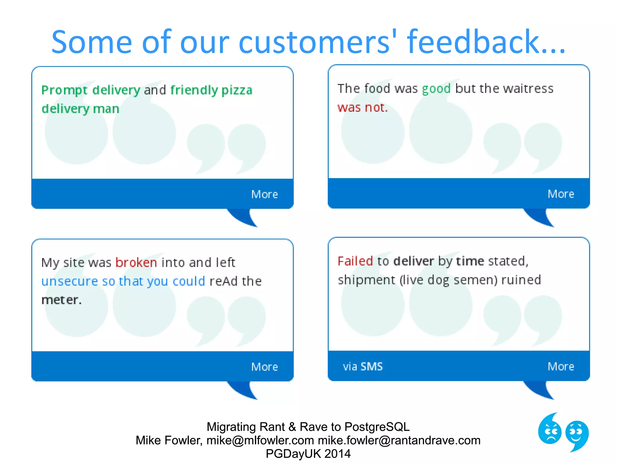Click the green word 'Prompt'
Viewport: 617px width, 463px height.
(64, 90)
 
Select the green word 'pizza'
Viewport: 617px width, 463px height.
(237, 90)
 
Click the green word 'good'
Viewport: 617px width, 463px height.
(436, 89)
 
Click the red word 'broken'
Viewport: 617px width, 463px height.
(136, 263)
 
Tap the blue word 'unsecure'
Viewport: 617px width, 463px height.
(70, 281)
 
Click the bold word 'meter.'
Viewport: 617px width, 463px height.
(61, 300)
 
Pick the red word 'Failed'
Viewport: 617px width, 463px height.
(355, 261)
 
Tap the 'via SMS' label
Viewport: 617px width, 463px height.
(363, 367)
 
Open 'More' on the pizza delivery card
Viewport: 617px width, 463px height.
(265, 194)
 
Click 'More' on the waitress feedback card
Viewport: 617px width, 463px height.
(561, 194)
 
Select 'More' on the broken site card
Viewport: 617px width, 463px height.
(265, 367)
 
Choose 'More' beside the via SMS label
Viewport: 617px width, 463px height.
(561, 367)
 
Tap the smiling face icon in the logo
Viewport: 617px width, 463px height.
(577, 434)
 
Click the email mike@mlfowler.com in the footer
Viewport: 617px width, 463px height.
(260, 440)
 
